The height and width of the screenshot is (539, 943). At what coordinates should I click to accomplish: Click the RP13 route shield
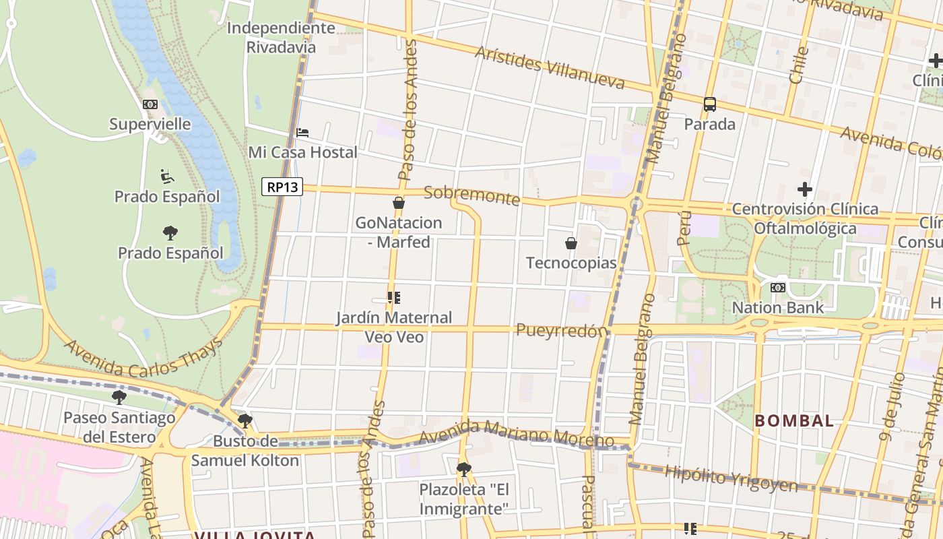(x=282, y=187)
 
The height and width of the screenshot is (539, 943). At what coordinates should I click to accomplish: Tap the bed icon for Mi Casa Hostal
(x=302, y=133)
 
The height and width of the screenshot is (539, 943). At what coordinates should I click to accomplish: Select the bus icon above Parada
(x=709, y=104)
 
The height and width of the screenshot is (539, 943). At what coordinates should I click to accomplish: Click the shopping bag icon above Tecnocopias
(x=571, y=243)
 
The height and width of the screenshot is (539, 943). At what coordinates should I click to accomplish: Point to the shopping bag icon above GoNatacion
(x=399, y=203)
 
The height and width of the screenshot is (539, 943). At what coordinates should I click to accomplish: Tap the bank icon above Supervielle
(x=150, y=104)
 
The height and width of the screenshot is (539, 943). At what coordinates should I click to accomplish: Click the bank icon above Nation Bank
(x=777, y=288)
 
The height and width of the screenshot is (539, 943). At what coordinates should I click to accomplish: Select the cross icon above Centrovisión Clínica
(x=804, y=189)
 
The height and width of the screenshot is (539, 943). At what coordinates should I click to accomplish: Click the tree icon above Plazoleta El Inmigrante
(x=463, y=469)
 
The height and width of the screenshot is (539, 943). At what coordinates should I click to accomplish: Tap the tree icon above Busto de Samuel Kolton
(x=245, y=421)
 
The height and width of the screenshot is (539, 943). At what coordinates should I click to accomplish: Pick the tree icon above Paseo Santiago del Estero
(x=119, y=398)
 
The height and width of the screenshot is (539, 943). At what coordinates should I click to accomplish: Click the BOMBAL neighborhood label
(x=793, y=421)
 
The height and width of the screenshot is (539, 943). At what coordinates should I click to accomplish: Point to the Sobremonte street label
(x=472, y=196)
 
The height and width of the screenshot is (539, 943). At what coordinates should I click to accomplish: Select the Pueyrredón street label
(x=561, y=330)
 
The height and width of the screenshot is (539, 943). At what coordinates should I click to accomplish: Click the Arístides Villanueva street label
(x=550, y=68)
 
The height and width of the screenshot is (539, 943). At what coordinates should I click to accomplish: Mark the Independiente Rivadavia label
(x=281, y=38)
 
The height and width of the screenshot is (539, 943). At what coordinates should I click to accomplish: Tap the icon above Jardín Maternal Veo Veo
(x=394, y=297)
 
